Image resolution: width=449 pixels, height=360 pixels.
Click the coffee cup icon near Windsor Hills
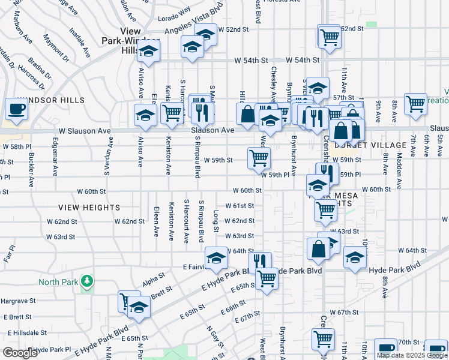click(16, 110)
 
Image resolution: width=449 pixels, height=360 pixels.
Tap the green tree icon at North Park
click(87, 281)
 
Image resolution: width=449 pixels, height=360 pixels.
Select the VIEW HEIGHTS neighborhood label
click(82, 207)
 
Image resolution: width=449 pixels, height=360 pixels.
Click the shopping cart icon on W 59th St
click(259, 158)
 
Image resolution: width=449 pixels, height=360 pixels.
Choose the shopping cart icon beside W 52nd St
click(329, 37)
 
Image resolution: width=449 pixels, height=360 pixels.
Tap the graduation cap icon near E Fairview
click(216, 259)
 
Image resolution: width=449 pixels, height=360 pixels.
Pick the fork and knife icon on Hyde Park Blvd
click(259, 262)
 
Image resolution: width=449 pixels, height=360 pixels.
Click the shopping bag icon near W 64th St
click(318, 248)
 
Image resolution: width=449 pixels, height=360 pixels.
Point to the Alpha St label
click(154, 278)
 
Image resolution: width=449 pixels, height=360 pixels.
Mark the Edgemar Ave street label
click(55, 162)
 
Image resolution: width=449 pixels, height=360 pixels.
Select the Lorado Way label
click(174, 10)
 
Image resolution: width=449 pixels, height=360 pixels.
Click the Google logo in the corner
click(20, 352)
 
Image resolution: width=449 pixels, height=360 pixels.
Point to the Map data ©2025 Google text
click(412, 355)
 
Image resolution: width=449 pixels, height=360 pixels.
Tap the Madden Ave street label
click(399, 164)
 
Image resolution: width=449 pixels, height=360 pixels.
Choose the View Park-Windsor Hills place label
click(130, 41)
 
